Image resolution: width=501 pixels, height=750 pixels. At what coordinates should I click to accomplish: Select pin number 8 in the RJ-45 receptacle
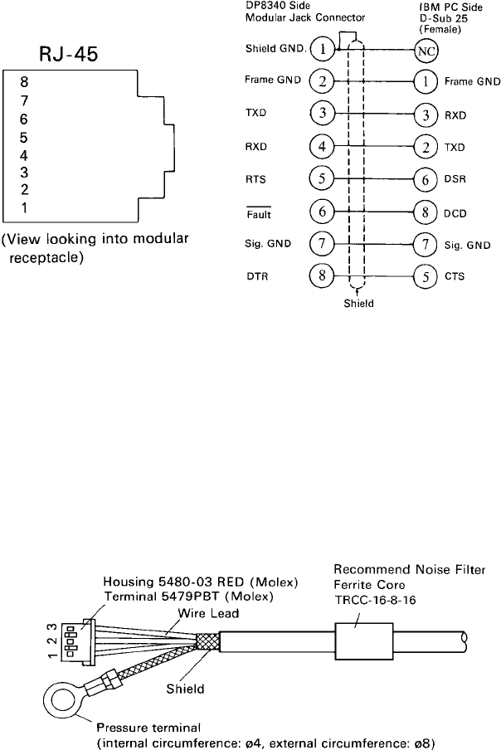click(x=25, y=82)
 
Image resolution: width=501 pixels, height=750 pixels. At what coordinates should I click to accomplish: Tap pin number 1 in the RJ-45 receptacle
click(x=25, y=208)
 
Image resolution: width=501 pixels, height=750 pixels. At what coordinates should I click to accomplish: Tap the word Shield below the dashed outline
click(x=358, y=304)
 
